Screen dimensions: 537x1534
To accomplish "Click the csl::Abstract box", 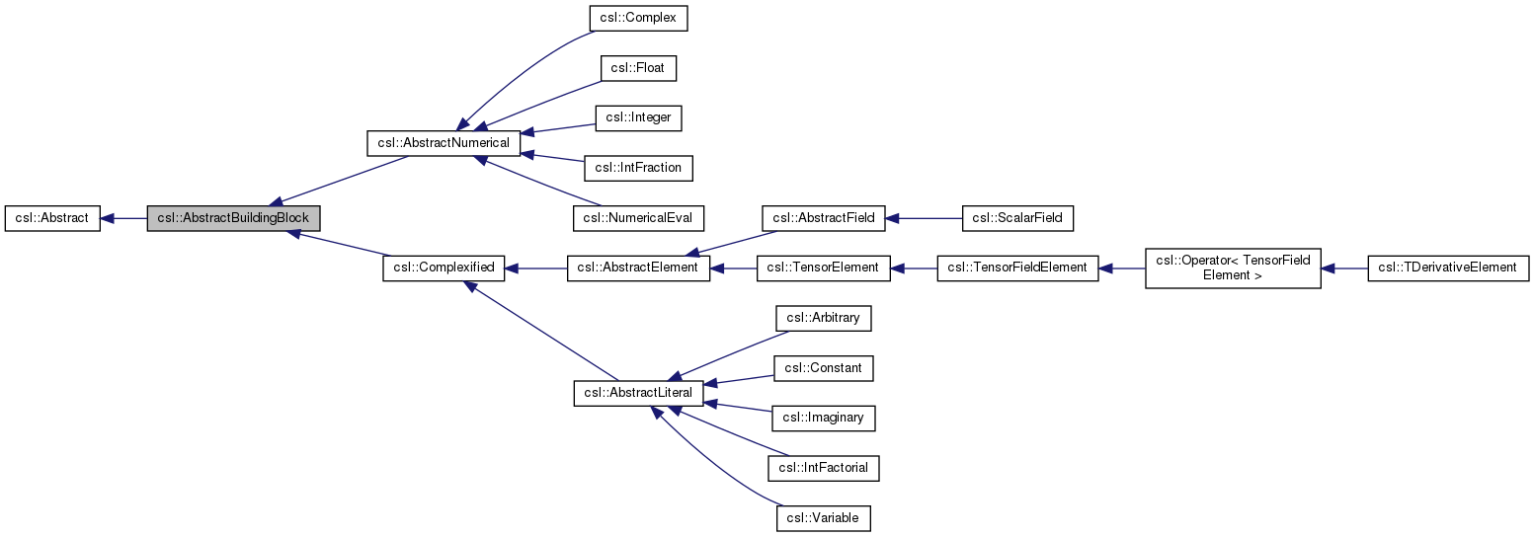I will coord(52,218).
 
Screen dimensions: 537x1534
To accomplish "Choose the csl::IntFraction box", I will coord(638,168).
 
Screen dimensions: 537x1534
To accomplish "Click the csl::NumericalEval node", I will coord(638,218).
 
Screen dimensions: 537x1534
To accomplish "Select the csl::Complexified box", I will coord(444,268).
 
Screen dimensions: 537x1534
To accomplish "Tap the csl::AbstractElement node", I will coord(638,268).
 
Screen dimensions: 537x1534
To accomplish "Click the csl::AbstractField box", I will coord(824,218).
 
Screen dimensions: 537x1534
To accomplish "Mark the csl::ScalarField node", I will coord(1017,218).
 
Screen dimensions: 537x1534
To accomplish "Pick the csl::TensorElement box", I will coord(824,268).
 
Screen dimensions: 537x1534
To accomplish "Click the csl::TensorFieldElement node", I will coord(1017,268).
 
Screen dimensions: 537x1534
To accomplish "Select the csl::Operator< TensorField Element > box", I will coord(1233,268).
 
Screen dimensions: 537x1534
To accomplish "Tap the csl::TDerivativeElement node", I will coord(1448,268).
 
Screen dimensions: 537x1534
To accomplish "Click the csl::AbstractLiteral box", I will coord(638,393).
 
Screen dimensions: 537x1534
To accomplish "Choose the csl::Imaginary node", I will coord(824,418).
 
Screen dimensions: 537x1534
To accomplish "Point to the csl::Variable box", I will coord(824,518).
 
